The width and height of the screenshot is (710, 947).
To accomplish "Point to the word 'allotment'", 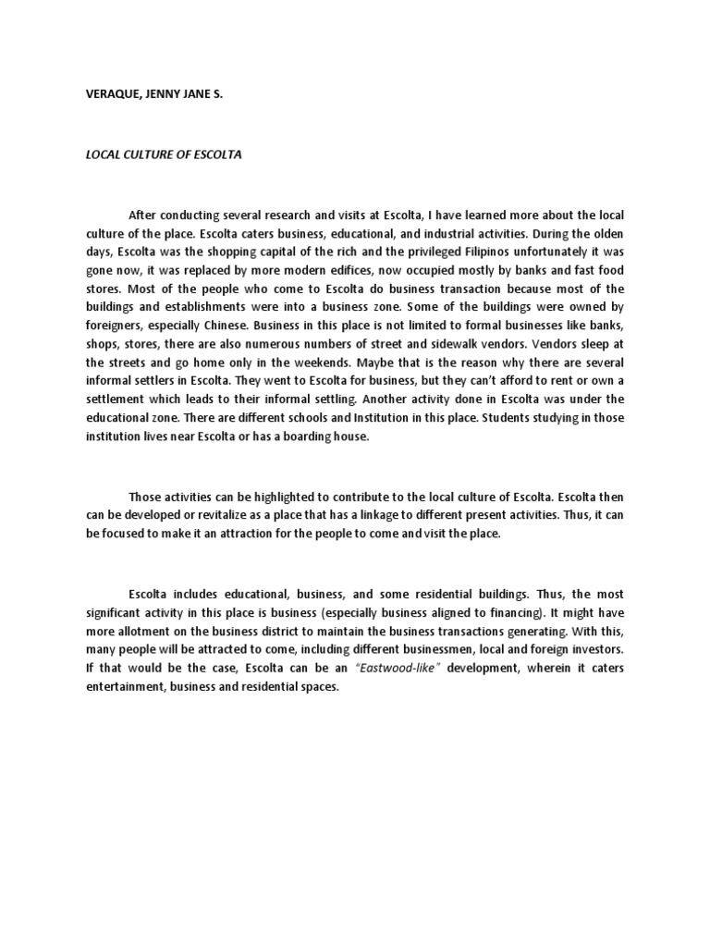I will [x=131, y=631].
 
